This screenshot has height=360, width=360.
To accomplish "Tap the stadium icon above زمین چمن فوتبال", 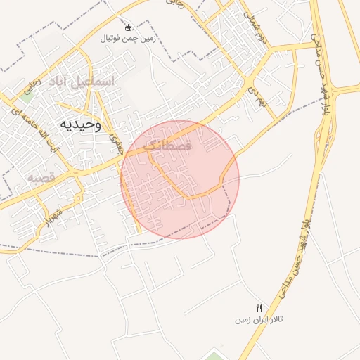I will tap(128, 28).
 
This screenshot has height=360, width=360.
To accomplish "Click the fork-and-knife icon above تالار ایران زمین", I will tap(259, 308).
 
